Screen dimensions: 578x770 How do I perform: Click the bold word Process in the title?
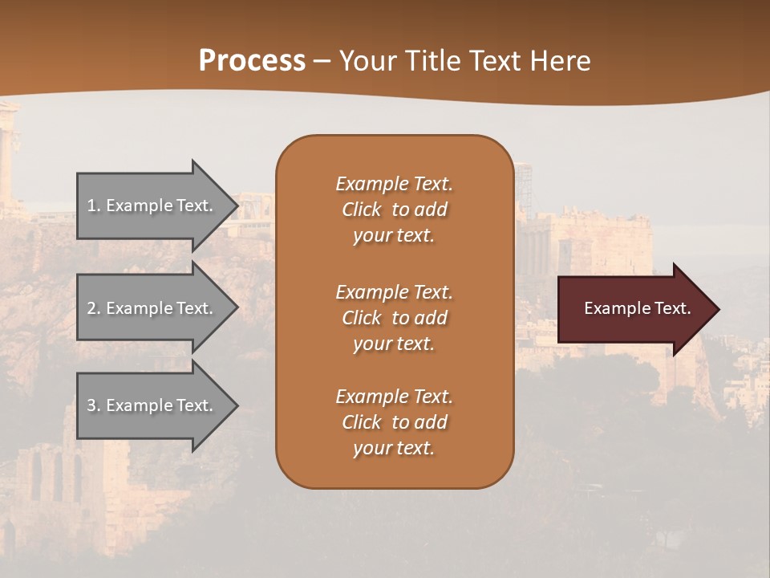(252, 61)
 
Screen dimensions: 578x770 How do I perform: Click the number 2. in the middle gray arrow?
(93, 308)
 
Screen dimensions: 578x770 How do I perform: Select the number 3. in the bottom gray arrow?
(93, 405)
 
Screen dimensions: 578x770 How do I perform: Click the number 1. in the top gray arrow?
(93, 206)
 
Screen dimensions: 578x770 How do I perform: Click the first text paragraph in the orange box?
(394, 210)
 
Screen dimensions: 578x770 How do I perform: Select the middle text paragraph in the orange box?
(394, 318)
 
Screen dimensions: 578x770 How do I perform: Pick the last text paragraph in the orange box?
(394, 422)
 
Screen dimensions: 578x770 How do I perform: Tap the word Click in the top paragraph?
(362, 210)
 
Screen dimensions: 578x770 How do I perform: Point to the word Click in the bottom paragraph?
(362, 422)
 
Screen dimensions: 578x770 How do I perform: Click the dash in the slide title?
(322, 62)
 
